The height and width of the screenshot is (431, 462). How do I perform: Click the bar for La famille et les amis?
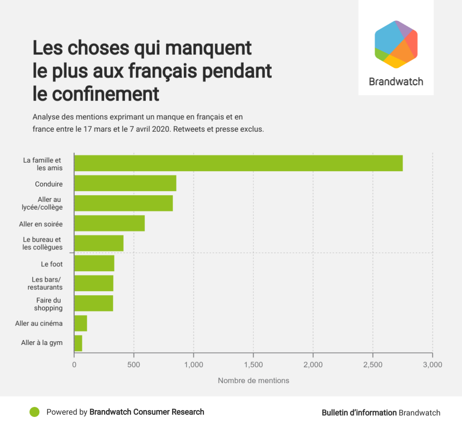click(238, 163)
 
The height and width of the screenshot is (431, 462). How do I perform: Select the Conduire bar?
click(125, 183)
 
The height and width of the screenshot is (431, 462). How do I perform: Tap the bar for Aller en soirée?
click(109, 223)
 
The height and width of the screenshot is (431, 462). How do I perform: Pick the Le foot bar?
click(94, 263)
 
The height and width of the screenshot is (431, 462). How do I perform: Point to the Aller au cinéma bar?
click(81, 323)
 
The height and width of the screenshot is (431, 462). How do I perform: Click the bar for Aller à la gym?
click(78, 343)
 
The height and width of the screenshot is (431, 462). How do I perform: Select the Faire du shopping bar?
click(93, 303)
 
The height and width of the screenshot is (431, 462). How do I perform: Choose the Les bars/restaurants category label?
click(45, 283)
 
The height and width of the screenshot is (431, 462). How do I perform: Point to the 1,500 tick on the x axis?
click(253, 364)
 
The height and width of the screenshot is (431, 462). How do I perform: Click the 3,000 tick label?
click(432, 364)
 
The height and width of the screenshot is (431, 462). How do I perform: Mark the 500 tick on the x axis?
click(134, 364)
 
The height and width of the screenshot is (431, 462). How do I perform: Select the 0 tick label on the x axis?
click(74, 364)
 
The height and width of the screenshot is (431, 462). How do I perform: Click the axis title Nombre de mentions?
click(253, 381)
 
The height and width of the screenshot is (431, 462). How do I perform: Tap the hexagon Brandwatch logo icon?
click(396, 44)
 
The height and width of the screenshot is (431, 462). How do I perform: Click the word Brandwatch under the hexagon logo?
click(396, 82)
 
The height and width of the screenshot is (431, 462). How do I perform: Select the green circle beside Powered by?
click(34, 412)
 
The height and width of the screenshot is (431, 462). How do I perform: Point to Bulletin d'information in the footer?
click(359, 412)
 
